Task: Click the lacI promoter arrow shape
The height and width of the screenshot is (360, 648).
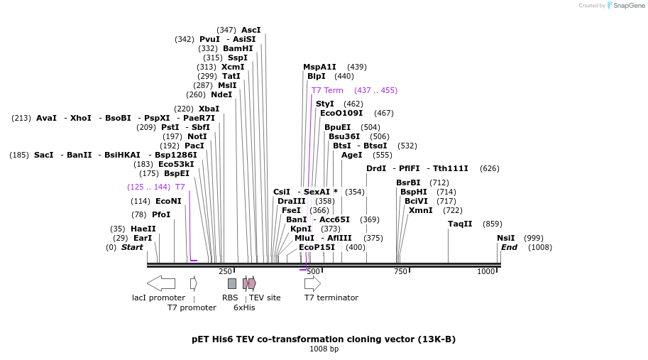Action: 161,283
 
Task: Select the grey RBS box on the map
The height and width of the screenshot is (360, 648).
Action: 232,283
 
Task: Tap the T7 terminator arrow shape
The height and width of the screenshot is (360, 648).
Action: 312,283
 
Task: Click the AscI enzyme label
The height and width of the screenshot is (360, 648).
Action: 251,30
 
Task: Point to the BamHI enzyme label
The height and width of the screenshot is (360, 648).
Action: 238,48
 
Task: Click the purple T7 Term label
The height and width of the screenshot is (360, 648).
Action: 327,90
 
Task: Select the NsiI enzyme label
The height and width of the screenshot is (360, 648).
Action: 505,238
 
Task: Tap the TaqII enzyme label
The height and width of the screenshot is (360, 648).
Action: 460,224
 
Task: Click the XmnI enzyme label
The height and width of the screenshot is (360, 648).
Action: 420,210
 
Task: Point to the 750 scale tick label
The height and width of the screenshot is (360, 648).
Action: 400,271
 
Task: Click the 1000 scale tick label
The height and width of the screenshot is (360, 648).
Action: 485,271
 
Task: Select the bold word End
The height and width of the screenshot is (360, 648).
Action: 509,247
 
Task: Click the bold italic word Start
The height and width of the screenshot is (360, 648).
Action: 132,247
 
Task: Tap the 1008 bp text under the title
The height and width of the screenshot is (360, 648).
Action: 324,349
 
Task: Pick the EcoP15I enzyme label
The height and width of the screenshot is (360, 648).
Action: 317,247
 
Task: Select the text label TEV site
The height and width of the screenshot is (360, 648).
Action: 265,298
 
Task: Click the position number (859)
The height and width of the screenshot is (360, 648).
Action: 492,224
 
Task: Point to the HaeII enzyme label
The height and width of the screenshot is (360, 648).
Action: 143,229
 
